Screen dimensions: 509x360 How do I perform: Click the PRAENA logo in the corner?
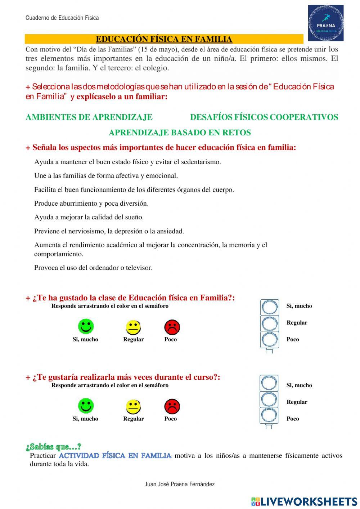pyautogui.click(x=325, y=23)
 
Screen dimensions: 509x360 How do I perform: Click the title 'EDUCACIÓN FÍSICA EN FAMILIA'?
pyautogui.click(x=164, y=39)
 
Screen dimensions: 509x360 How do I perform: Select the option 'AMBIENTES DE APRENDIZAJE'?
pyautogui.click(x=89, y=117)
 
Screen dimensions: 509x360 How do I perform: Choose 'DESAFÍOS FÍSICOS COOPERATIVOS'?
pyautogui.click(x=264, y=117)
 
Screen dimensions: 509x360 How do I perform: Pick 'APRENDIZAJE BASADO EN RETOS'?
pyautogui.click(x=180, y=133)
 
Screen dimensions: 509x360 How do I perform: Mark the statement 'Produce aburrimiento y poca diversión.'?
pyautogui.click(x=91, y=204)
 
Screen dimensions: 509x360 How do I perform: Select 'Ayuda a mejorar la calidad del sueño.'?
pyautogui.click(x=89, y=217)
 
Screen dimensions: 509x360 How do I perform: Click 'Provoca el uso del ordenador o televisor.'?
pyautogui.click(x=93, y=268)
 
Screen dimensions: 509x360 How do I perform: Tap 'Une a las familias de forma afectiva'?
pyautogui.click(x=106, y=176)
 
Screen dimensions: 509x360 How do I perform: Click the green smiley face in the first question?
pyautogui.click(x=86, y=326)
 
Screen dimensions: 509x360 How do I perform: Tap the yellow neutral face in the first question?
pyautogui.click(x=133, y=327)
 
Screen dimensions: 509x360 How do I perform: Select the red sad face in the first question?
pyautogui.click(x=172, y=327)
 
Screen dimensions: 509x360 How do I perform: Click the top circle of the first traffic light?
pyautogui.click(x=269, y=308)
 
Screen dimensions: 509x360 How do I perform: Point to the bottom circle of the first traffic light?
pyautogui.click(x=269, y=340)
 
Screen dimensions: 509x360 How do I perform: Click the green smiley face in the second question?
pyautogui.click(x=86, y=406)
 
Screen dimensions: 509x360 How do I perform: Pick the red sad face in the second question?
pyautogui.click(x=172, y=407)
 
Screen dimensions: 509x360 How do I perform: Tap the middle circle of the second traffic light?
pyautogui.click(x=269, y=399)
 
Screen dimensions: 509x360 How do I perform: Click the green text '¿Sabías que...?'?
pyautogui.click(x=54, y=447)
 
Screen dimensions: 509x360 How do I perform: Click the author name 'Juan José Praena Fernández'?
pyautogui.click(x=179, y=485)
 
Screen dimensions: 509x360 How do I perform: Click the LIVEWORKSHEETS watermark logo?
pyautogui.click(x=304, y=501)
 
